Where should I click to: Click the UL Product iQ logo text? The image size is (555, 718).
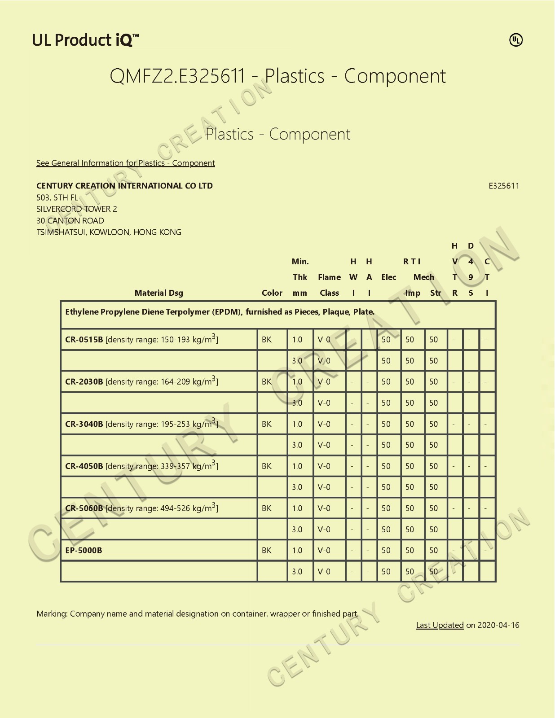tap(85, 40)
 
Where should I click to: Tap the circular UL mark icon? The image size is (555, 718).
tap(516, 40)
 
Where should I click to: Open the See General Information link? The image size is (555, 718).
tap(125, 163)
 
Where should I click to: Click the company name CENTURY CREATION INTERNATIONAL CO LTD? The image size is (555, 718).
tap(124, 186)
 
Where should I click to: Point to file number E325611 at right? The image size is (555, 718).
tap(504, 186)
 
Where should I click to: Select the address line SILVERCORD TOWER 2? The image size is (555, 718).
tap(77, 209)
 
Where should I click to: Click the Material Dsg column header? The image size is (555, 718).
tap(159, 293)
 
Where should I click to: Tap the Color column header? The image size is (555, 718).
tap(272, 293)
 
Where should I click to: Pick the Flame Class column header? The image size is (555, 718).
tap(329, 285)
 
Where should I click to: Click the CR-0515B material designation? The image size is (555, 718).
tap(84, 340)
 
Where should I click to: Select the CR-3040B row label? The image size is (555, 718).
tap(84, 424)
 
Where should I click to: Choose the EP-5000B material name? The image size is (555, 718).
tap(84, 551)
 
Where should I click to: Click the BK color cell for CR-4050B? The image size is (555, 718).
tap(267, 466)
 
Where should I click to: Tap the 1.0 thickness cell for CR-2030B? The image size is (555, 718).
tap(297, 382)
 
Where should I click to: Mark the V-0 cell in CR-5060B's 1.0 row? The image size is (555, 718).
tap(324, 508)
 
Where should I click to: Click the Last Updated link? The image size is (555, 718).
tap(440, 625)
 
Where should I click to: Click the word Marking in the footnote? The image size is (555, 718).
tap(52, 614)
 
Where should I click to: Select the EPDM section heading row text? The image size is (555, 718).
tap(220, 312)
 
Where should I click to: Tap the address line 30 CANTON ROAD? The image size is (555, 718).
tap(70, 221)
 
